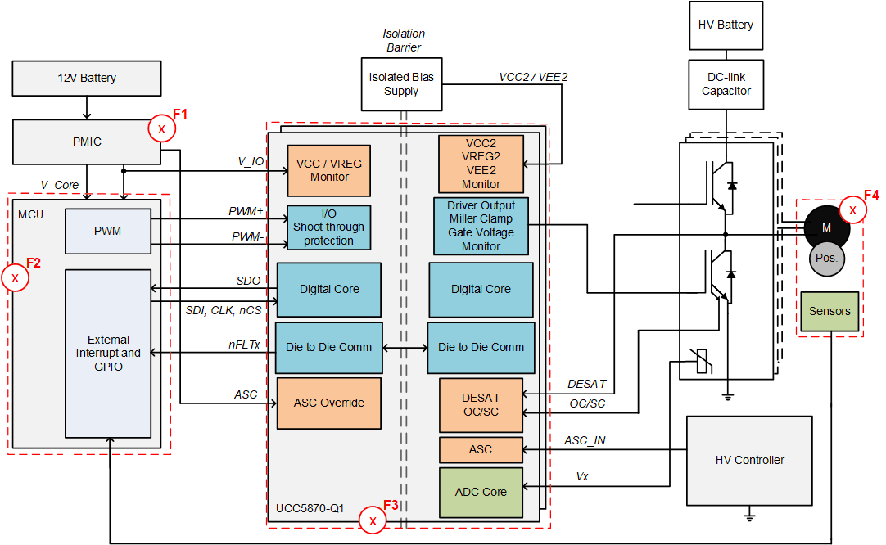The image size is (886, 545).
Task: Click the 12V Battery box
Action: pyautogui.click(x=87, y=79)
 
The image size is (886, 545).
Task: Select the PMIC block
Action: pyautogui.click(x=87, y=142)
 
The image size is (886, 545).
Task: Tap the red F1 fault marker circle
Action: pyautogui.click(x=160, y=129)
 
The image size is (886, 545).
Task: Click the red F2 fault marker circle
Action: pyautogui.click(x=15, y=278)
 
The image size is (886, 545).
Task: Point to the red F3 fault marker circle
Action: pyautogui.click(x=373, y=520)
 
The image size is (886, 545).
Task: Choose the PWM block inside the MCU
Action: pyautogui.click(x=107, y=231)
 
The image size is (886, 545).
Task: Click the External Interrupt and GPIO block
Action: pyautogui.click(x=107, y=353)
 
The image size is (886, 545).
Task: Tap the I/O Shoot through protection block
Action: pyautogui.click(x=328, y=227)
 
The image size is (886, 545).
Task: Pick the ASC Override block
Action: pyautogui.click(x=328, y=403)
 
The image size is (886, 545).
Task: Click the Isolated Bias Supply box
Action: pyautogui.click(x=401, y=83)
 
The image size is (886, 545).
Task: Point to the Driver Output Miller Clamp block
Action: pyautogui.click(x=481, y=225)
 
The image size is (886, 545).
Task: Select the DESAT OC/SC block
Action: pyautogui.click(x=481, y=404)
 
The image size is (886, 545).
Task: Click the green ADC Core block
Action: pyautogui.click(x=481, y=492)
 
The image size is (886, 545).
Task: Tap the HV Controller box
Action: pyautogui.click(x=748, y=460)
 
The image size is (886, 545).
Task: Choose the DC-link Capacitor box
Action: pyautogui.click(x=726, y=84)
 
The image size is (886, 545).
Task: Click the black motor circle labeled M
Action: pyautogui.click(x=826, y=227)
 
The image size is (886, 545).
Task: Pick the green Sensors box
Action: pyautogui.click(x=829, y=311)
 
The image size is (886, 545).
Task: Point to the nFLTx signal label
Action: pyautogui.click(x=244, y=345)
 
